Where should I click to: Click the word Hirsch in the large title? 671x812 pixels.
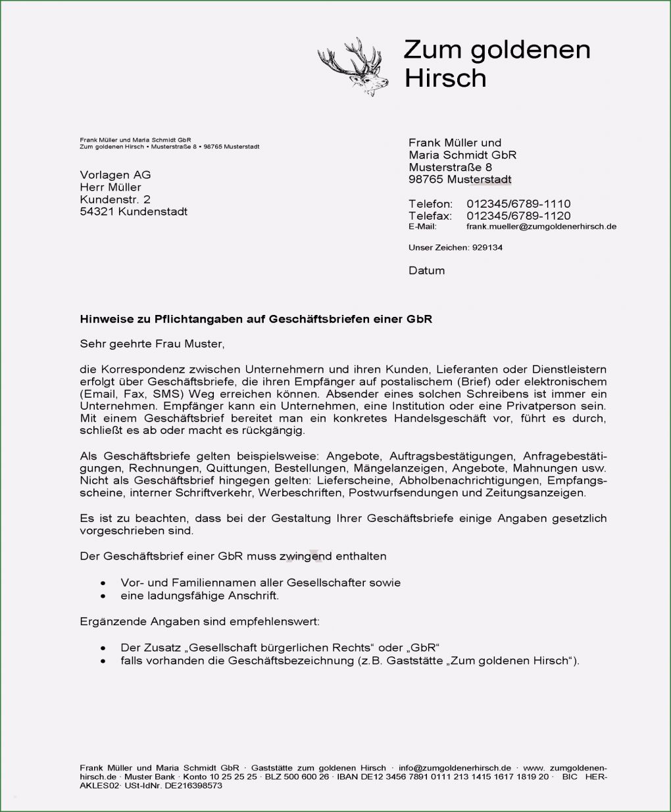(x=445, y=78)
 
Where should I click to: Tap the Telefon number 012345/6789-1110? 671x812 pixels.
(x=518, y=204)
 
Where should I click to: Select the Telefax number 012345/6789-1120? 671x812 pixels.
(x=518, y=216)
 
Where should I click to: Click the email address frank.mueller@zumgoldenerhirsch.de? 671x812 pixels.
(x=541, y=227)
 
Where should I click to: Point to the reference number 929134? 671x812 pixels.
(x=487, y=248)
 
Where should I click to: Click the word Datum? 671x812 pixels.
(x=426, y=270)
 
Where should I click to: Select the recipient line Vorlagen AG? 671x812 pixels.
(x=115, y=175)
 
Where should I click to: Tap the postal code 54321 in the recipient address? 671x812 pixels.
(x=97, y=212)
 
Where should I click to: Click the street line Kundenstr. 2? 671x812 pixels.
(x=115, y=199)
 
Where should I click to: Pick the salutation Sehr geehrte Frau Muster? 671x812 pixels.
(x=152, y=343)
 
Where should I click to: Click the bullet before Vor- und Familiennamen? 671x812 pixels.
(x=103, y=583)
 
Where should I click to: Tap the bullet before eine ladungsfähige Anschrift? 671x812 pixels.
(x=103, y=596)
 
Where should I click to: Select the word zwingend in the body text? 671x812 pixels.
(x=305, y=556)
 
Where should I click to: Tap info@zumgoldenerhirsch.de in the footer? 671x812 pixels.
(x=455, y=768)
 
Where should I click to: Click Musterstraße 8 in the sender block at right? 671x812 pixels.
(x=450, y=168)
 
